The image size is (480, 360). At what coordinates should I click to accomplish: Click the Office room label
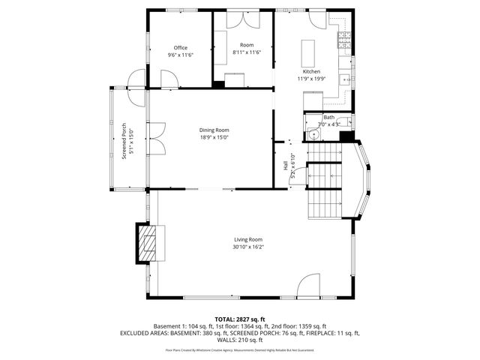point(180,48)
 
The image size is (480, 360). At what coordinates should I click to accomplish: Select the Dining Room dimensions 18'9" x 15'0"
point(214,137)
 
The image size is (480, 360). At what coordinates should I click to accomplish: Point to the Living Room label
point(247,239)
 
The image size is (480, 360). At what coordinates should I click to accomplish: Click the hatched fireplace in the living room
point(148,243)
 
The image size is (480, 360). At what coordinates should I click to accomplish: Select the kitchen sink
point(346,77)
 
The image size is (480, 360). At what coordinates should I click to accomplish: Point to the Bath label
point(328,118)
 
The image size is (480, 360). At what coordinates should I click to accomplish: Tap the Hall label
point(285,166)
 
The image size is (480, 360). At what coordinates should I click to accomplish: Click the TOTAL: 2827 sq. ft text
point(240,319)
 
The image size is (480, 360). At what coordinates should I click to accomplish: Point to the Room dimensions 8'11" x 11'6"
point(246,52)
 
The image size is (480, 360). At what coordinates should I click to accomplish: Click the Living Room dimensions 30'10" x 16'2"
point(247,247)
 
